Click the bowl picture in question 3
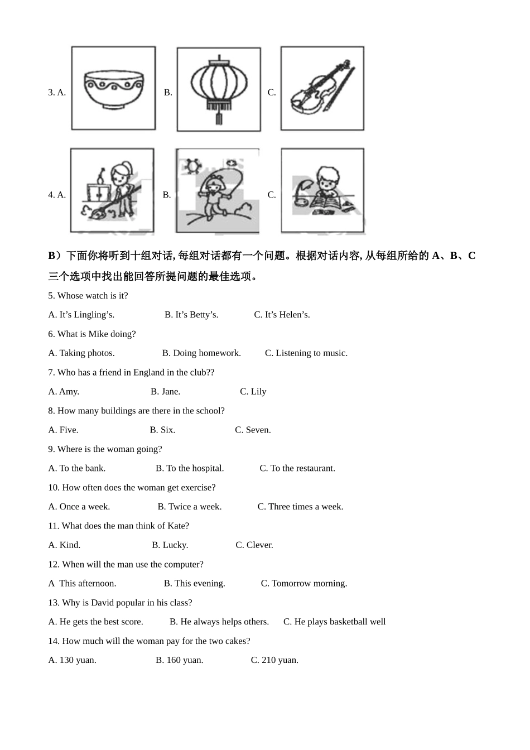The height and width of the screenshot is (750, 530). (113, 88)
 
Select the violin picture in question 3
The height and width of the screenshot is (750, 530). (322, 88)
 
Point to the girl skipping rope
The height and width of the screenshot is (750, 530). (216, 191)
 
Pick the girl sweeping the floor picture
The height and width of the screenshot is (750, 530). (112, 191)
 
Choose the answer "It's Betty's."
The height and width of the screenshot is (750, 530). (191, 315)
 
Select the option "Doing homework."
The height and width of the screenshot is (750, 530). (201, 353)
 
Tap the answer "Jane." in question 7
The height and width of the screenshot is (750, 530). (166, 392)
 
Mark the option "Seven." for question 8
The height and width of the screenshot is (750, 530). (253, 430)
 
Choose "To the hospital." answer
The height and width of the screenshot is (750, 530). (190, 469)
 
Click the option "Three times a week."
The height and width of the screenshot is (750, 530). (300, 507)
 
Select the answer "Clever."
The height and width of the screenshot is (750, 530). (254, 545)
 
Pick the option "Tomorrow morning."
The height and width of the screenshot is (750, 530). (304, 584)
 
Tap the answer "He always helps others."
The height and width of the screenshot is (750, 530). (219, 622)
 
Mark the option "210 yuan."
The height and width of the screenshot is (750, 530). (274, 661)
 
